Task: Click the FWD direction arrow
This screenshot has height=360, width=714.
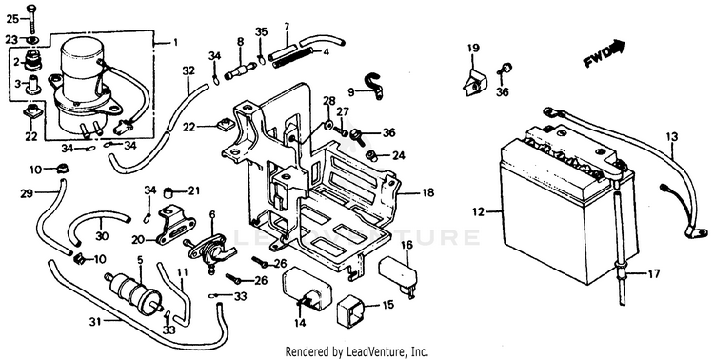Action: pos(605,54)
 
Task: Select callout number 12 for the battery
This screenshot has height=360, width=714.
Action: pos(479,211)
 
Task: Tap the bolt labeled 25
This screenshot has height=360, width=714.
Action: pos(31,19)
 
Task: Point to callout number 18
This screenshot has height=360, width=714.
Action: pos(427,192)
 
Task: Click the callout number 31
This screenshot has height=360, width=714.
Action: pos(94,321)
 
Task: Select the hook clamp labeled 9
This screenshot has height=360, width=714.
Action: pos(372,85)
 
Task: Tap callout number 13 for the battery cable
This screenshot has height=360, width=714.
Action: pos(672,137)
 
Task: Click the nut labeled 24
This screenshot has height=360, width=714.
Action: pos(371,156)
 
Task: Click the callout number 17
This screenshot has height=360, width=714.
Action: pos(653,275)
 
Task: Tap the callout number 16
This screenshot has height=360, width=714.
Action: pos(407,246)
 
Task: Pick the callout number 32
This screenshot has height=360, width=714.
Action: pos(188,71)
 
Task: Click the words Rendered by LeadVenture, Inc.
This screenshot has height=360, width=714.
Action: pos(357,351)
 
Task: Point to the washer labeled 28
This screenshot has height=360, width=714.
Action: pos(328,123)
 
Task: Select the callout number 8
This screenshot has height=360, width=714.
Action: pos(241,42)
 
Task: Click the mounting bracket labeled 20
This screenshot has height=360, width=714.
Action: pos(175,225)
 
